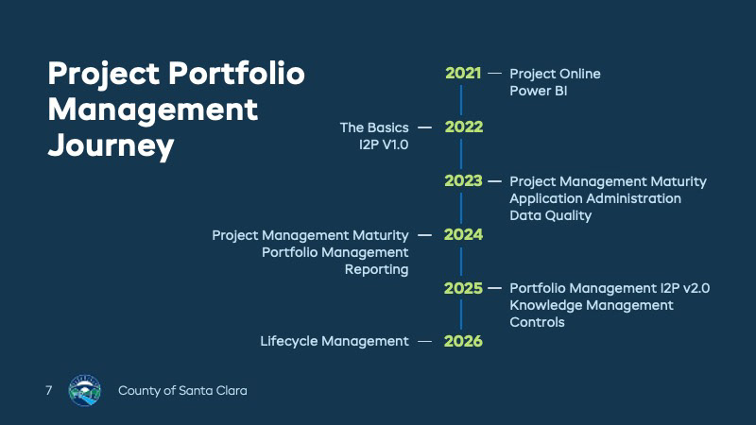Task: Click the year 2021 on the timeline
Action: pos(463,74)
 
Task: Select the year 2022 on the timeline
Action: pos(463,127)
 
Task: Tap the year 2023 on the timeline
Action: pos(463,180)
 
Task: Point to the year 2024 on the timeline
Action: pos(463,234)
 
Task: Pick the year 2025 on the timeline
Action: pos(463,288)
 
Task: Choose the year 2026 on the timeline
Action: pos(463,341)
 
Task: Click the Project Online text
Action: pos(555,74)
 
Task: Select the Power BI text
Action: pos(538,91)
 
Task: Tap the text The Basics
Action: pos(374,127)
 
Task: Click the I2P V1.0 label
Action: pos(384,144)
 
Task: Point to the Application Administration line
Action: pos(595,198)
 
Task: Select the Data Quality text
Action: pos(551,215)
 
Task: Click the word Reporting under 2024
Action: pos(376,269)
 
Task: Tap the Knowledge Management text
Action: pos(592,305)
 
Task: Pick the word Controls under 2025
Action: pos(537,322)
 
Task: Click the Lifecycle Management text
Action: pos(335,341)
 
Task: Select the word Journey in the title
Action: pos(111,146)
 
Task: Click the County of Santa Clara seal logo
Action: pos(85,390)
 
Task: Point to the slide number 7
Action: pos(49,390)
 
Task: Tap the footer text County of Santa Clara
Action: pos(182,391)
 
